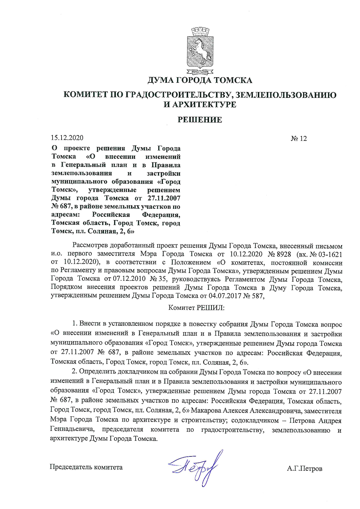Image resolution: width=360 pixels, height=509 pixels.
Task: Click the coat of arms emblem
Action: click(200, 51)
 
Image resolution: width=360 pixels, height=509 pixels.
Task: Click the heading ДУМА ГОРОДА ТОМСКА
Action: click(200, 80)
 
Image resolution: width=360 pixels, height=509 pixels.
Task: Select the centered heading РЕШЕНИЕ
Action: click(200, 120)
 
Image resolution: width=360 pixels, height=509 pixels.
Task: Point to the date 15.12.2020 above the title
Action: click(67, 138)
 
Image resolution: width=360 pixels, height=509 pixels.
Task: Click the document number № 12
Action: click(299, 139)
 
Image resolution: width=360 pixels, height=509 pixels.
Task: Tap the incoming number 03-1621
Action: click(330, 254)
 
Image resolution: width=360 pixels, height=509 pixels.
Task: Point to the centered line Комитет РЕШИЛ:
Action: click(196, 308)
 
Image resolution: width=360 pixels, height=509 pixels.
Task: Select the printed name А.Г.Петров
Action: click(304, 468)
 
